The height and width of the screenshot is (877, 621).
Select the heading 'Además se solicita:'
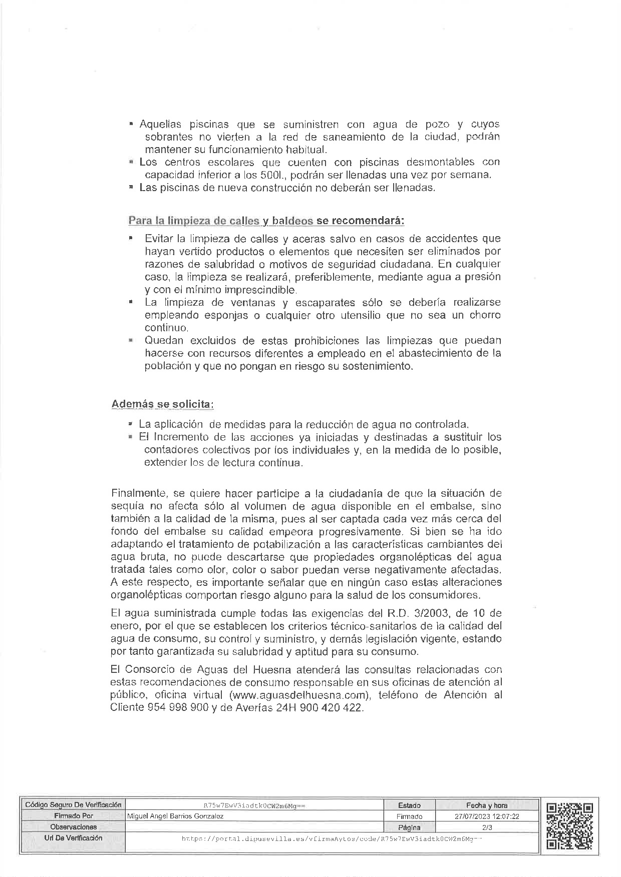click(x=163, y=404)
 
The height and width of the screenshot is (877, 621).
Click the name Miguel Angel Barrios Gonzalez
click(x=176, y=816)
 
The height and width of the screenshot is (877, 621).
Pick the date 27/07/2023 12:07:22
click(x=487, y=816)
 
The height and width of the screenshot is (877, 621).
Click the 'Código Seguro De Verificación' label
click(x=73, y=805)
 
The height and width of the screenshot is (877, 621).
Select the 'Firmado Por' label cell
click(x=73, y=816)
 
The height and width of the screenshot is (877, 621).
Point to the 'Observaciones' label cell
click(x=73, y=827)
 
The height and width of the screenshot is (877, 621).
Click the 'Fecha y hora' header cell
click(x=487, y=805)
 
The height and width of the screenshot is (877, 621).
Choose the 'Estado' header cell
click(x=409, y=805)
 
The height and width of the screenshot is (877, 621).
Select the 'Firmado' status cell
click(x=409, y=816)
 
